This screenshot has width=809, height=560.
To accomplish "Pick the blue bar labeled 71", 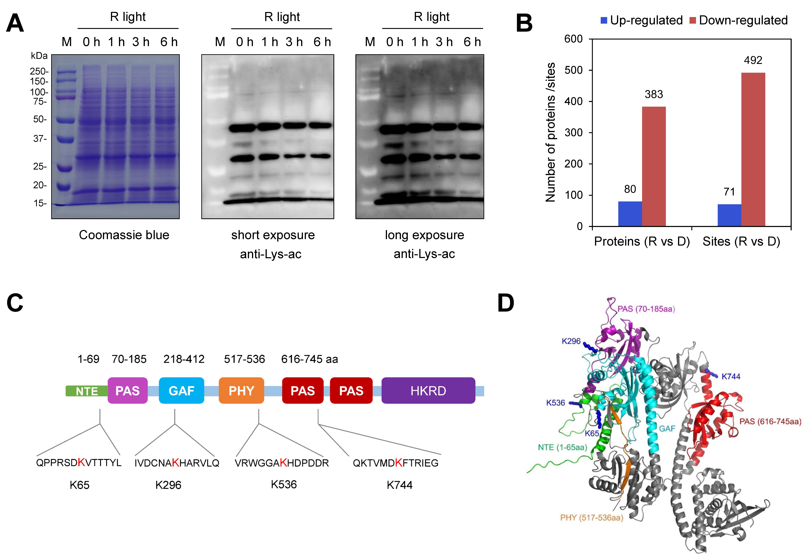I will (729, 215).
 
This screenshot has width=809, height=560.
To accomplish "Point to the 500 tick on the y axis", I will (573, 70).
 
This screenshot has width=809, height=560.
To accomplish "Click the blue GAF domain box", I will (181, 390).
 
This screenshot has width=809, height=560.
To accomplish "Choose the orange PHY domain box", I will (241, 390).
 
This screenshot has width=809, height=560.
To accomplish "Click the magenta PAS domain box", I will (127, 390).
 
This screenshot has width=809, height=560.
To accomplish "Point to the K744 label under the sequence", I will (399, 485).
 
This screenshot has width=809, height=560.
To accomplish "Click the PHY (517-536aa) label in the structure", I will (592, 518).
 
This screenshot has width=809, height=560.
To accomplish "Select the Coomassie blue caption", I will (124, 235).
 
